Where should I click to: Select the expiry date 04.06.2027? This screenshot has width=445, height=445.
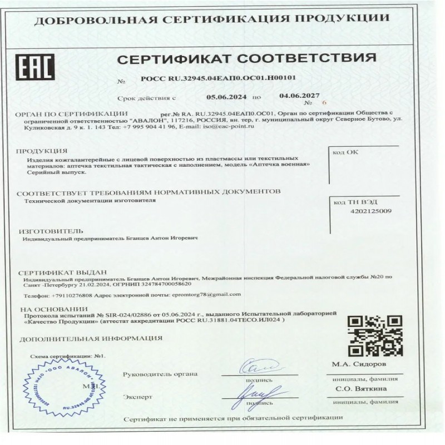tap(299, 96)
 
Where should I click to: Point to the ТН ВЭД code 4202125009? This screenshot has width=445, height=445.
tap(372, 211)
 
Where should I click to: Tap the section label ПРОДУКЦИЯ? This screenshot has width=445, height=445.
tap(42, 151)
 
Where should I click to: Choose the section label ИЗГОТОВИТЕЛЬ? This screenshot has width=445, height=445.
tap(51, 230)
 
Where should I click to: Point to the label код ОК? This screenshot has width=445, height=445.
tap(345, 151)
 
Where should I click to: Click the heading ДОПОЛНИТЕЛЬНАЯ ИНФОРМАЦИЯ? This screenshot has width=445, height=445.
tap(91, 338)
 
